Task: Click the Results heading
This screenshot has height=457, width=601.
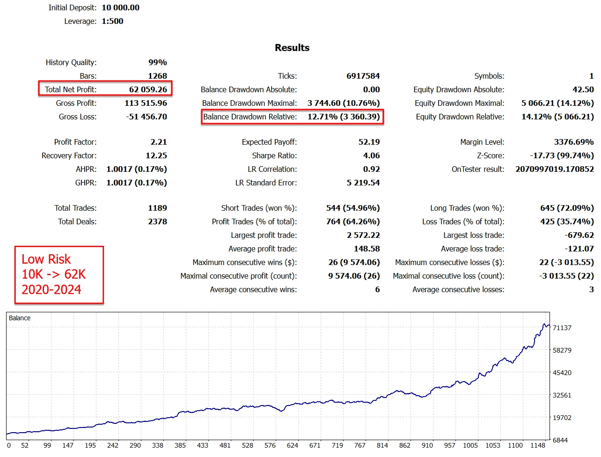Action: (292, 48)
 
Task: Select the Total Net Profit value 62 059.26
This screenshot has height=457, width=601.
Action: (148, 89)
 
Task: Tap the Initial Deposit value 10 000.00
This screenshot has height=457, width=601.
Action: (120, 7)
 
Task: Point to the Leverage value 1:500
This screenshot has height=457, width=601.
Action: (112, 21)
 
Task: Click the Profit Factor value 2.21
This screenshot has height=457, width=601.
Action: (159, 142)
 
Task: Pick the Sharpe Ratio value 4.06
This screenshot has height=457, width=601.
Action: (371, 155)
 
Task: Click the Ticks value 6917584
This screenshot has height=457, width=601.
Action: (363, 76)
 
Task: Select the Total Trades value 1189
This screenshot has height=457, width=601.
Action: (157, 208)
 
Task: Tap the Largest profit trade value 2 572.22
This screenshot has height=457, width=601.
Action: (363, 235)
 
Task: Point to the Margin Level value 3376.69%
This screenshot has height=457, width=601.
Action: (573, 142)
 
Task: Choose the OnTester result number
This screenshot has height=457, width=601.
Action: (554, 169)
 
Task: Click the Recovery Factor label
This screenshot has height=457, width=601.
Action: (69, 155)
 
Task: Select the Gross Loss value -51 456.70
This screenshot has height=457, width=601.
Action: (147, 117)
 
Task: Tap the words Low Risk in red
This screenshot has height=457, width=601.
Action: (46, 259)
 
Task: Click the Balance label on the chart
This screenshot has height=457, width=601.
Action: (20, 318)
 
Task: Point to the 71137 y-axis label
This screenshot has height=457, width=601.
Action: (562, 328)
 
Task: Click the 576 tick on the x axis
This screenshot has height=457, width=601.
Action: (270, 445)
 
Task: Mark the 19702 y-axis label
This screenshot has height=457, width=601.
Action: (562, 418)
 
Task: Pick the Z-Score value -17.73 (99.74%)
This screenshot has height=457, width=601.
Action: (562, 155)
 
